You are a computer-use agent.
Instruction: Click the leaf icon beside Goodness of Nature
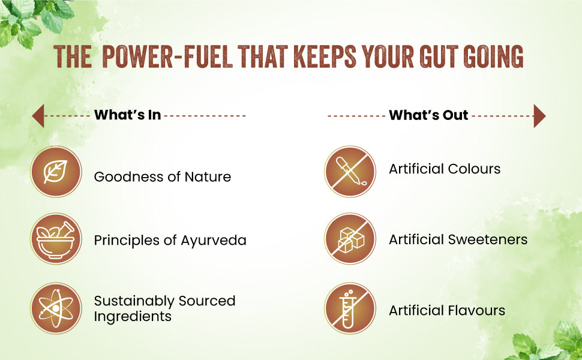(x=56, y=172)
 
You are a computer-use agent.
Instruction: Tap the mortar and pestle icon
(x=56, y=239)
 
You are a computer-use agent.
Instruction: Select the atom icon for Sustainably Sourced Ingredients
(x=56, y=308)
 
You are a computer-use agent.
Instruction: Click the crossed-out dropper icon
(x=350, y=172)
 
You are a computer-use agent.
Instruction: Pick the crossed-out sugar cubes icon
(x=350, y=239)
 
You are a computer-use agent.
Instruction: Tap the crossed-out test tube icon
(x=350, y=308)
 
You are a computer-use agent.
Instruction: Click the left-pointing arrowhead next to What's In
(x=38, y=116)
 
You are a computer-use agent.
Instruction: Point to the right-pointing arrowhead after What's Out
(x=539, y=116)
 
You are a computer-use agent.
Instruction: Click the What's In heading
(x=127, y=115)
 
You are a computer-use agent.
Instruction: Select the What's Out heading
(x=428, y=115)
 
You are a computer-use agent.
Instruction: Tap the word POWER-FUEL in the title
(x=167, y=57)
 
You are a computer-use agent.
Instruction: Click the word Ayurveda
(x=214, y=241)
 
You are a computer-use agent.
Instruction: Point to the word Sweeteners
(x=488, y=240)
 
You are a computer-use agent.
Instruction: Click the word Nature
(x=208, y=176)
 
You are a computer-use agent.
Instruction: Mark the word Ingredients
(x=133, y=317)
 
